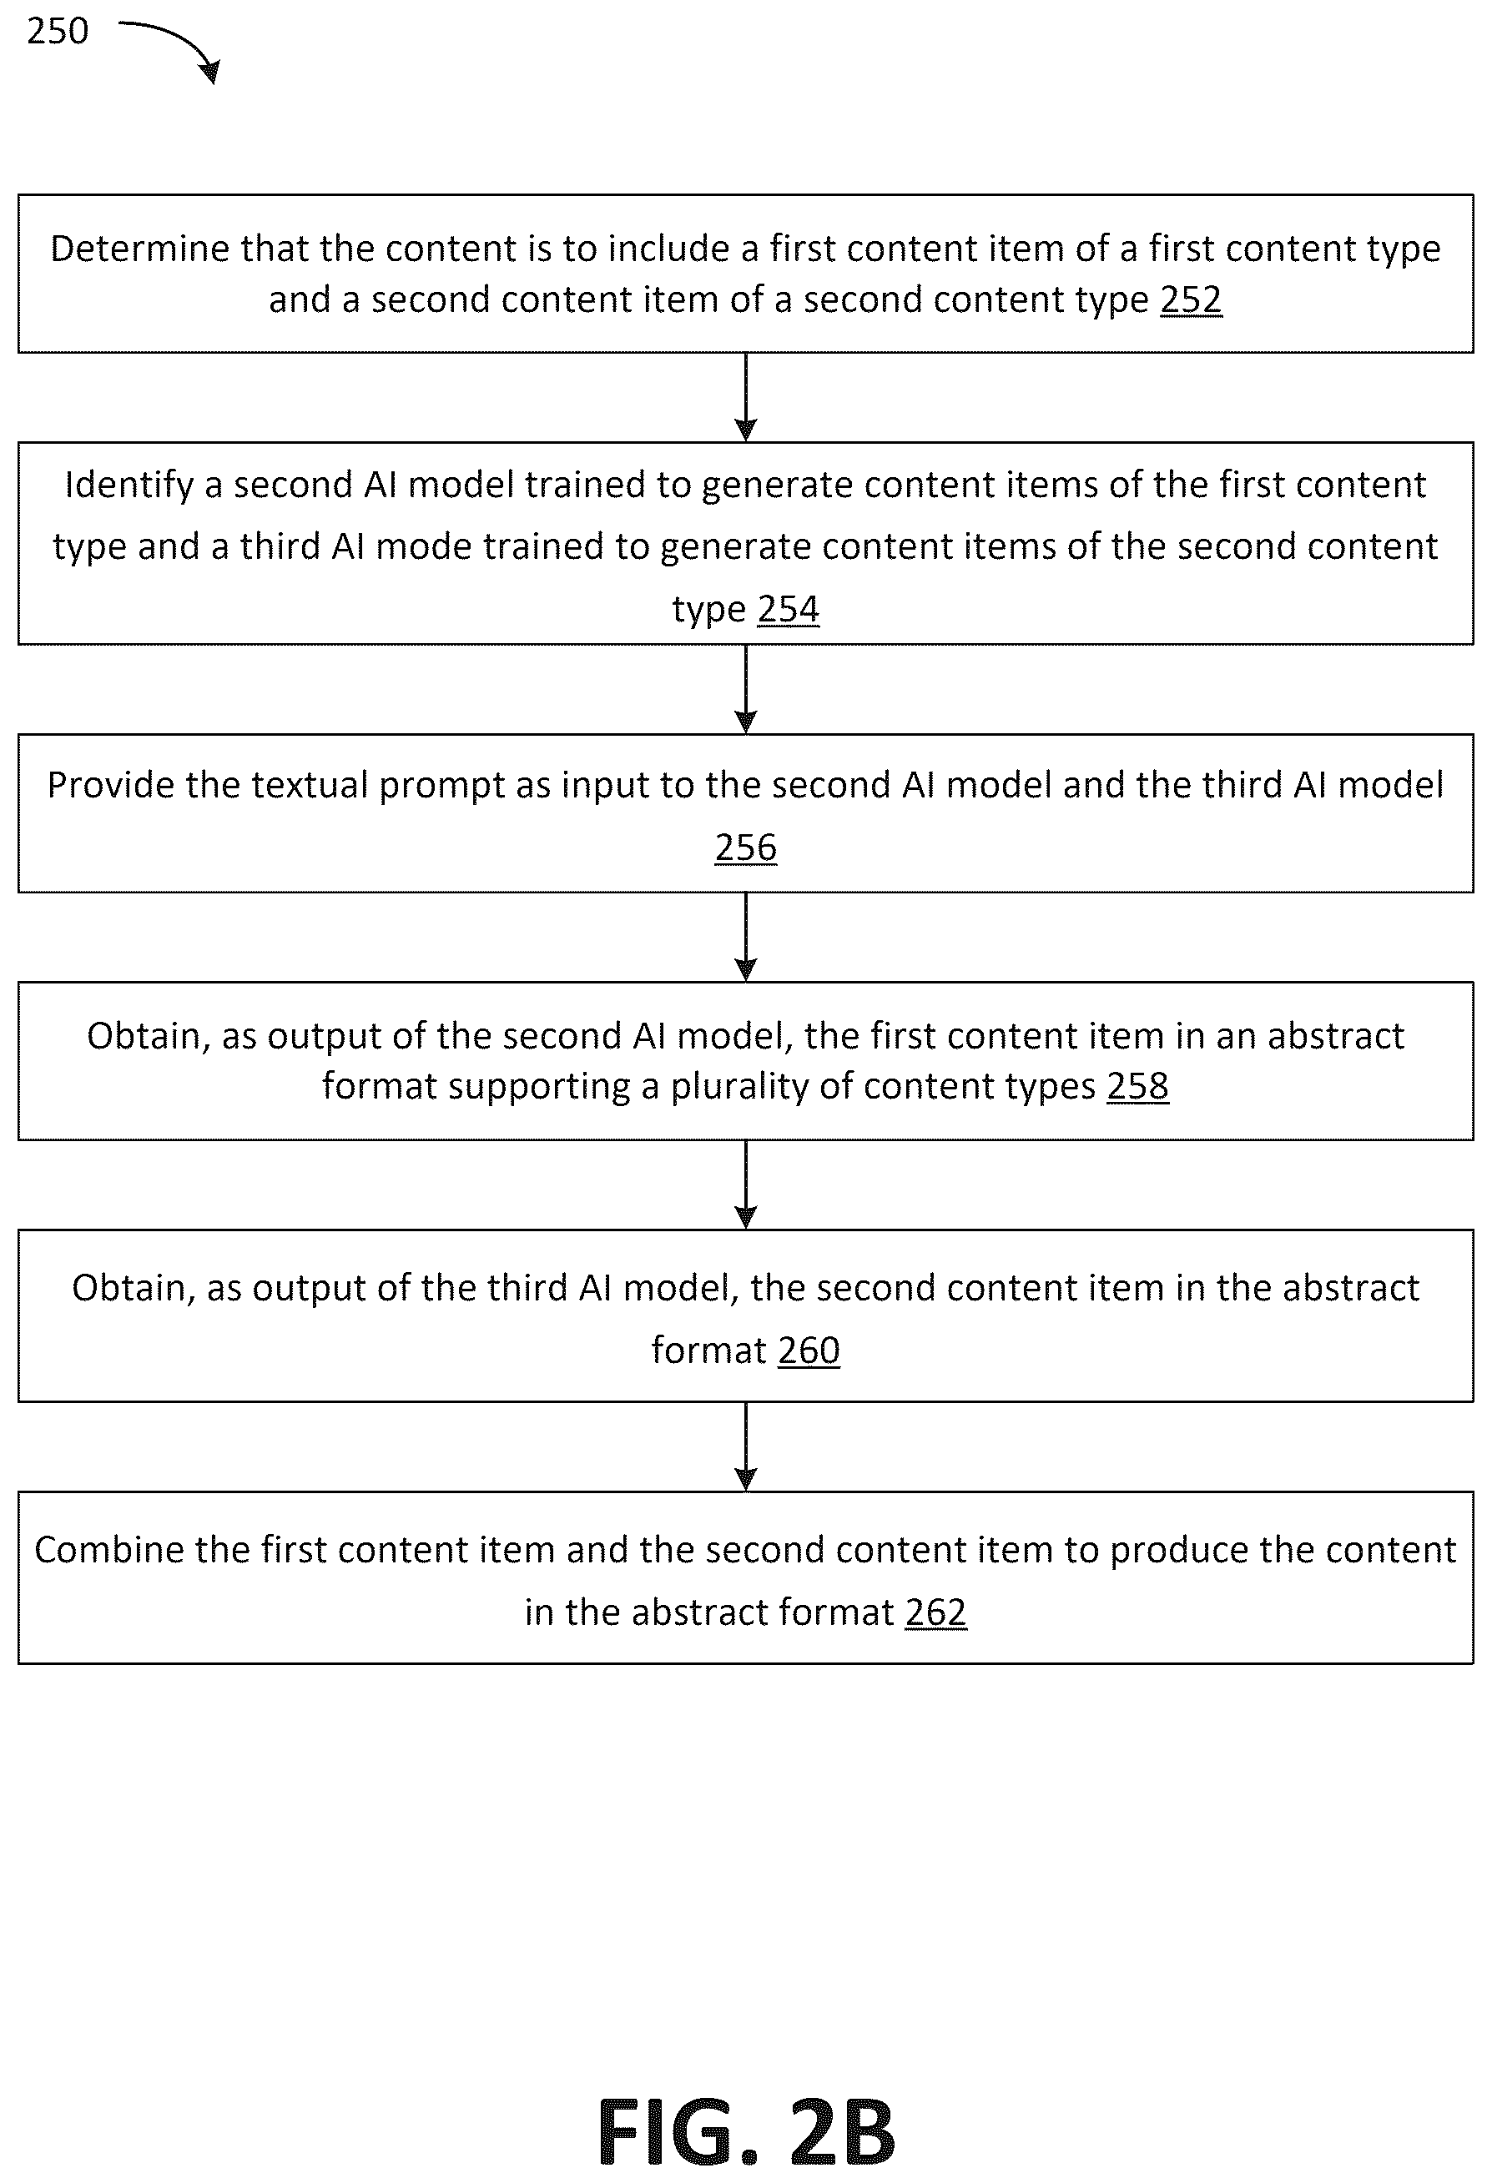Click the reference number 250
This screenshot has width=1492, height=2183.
[x=58, y=31]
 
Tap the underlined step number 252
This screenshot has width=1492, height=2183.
[x=1191, y=299]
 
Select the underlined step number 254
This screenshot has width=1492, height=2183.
[x=789, y=609]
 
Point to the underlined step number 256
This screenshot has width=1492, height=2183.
[x=746, y=848]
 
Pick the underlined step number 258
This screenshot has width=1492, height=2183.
[x=1138, y=1086]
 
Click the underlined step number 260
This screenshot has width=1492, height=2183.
[x=809, y=1350]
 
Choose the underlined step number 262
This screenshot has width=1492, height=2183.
[x=935, y=1612]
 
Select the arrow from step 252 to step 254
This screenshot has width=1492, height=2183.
[x=746, y=397]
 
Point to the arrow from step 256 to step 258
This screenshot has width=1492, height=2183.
[x=746, y=938]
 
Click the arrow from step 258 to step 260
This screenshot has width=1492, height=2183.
[x=746, y=1185]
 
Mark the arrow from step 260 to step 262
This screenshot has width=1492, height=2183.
[x=746, y=1447]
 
